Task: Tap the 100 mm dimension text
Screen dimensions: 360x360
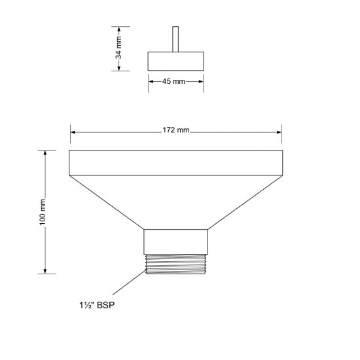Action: click(x=43, y=211)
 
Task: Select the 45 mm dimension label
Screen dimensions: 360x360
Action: click(x=175, y=81)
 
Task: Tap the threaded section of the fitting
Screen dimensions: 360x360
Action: click(x=175, y=263)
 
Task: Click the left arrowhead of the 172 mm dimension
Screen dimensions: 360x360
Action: click(x=73, y=132)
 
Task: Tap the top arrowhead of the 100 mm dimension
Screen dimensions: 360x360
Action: click(x=45, y=153)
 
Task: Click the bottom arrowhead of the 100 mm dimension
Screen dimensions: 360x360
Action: click(x=45, y=270)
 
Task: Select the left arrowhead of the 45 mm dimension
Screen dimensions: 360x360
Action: click(x=151, y=81)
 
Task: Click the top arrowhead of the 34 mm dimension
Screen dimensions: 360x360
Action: click(x=120, y=29)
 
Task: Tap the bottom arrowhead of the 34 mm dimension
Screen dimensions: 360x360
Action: click(x=120, y=68)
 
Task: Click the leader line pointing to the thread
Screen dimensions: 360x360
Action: click(x=127, y=283)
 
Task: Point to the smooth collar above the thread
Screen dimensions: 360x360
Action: click(x=175, y=240)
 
